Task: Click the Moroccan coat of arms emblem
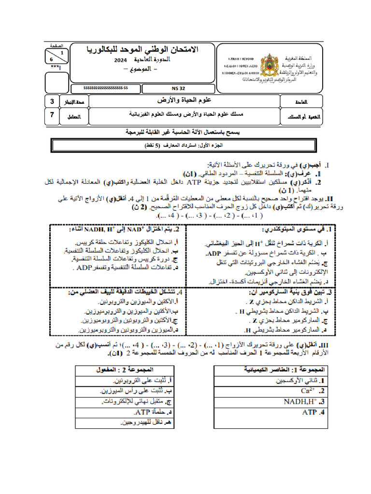click(269, 66)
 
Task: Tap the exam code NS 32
click(177, 88)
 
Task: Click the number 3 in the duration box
click(52, 102)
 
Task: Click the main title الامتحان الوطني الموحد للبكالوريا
click(143, 50)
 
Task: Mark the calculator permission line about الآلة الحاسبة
click(185, 132)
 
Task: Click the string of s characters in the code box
click(105, 88)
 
